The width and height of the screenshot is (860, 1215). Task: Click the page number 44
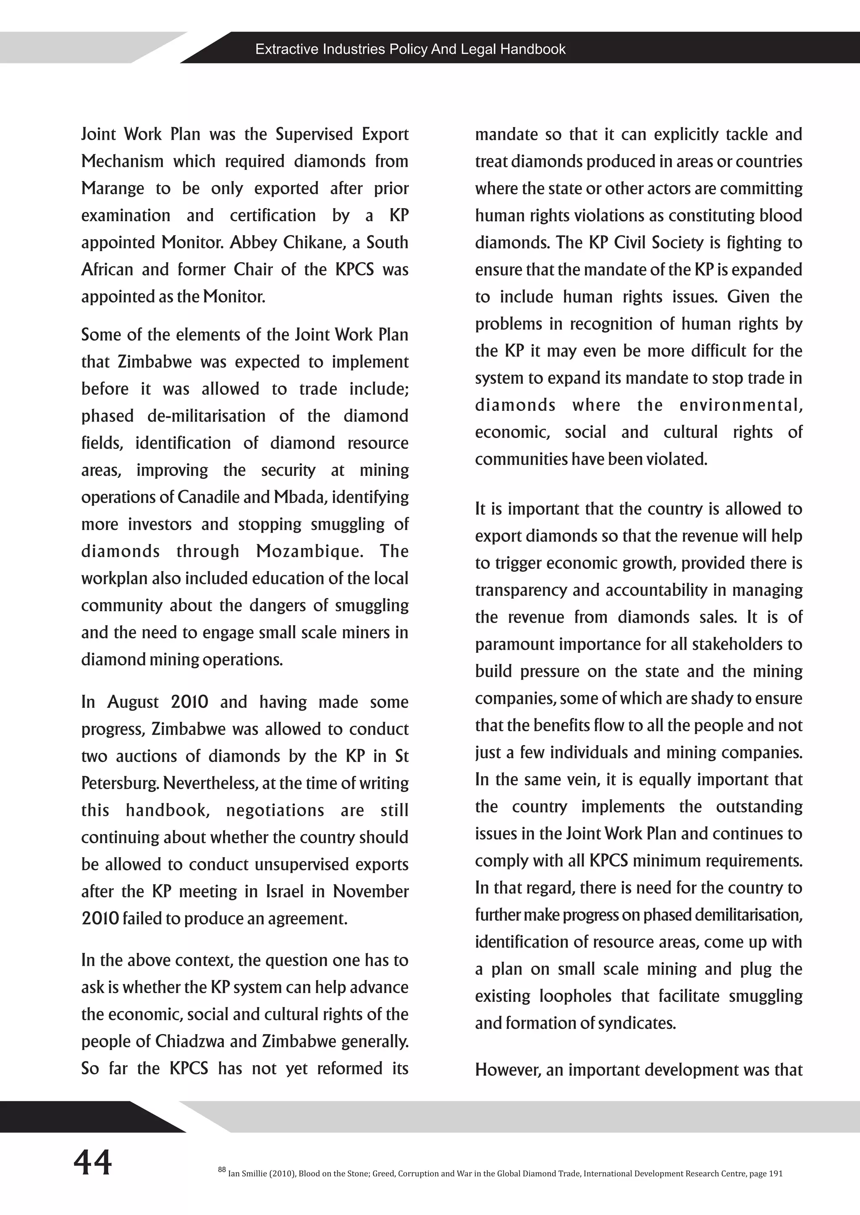coord(93,1163)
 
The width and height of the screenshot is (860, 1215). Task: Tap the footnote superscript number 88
coord(221,1169)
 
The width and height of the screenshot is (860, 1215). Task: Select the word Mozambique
coord(310,551)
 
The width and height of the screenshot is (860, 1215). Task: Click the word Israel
coord(284,892)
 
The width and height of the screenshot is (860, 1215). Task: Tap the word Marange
coord(112,189)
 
